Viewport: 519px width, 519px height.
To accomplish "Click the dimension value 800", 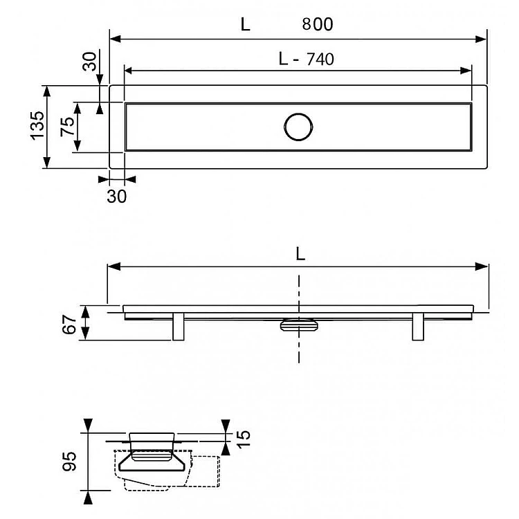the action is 318,24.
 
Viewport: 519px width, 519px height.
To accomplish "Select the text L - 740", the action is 306,60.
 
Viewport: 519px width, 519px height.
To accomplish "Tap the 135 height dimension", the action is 37,126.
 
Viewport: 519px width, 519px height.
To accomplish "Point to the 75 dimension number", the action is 67,126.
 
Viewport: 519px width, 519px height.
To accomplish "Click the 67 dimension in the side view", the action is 69,325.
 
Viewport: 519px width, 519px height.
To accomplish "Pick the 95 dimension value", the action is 69,461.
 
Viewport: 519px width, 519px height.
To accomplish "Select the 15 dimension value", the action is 244,439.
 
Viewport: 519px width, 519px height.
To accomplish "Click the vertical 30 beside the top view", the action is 89,61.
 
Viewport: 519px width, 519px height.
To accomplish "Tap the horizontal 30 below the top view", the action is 116,197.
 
